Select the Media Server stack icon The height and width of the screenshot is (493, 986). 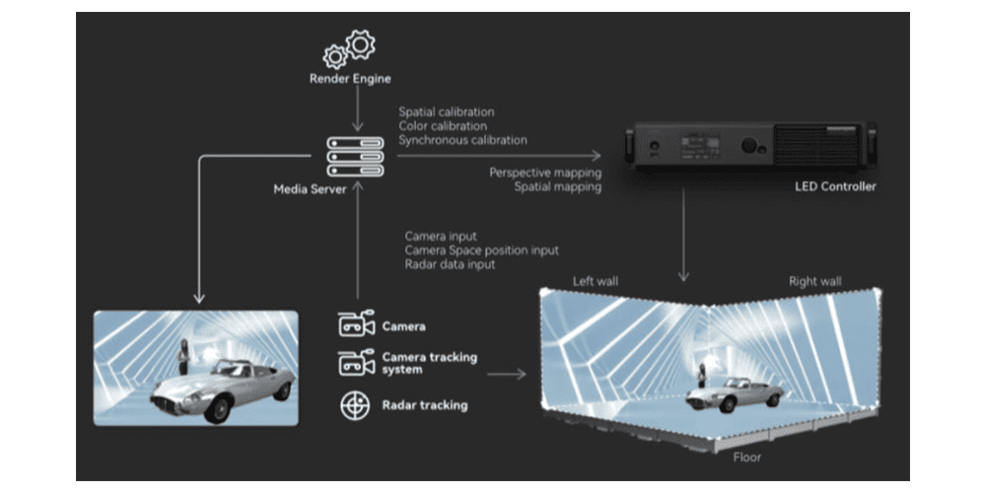coord(355,156)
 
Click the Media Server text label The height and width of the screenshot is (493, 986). coord(310,188)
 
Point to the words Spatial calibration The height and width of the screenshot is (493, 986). coord(447,112)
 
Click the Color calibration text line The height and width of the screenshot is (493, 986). coord(443,126)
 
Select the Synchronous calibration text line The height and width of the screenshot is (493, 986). coord(462,140)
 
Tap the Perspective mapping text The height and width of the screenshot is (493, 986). coord(545,173)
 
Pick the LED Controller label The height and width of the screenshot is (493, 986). coord(834,186)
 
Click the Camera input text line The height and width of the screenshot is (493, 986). coord(441,237)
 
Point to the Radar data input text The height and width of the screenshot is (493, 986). coord(450,264)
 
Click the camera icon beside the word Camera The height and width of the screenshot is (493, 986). coord(356,324)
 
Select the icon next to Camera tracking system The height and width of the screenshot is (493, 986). coord(356,362)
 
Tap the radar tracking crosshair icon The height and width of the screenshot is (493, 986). coord(356,405)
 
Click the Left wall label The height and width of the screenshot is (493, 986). coord(596,282)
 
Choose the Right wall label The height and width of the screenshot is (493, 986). coord(815,282)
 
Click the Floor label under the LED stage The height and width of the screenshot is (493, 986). coord(747,458)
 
